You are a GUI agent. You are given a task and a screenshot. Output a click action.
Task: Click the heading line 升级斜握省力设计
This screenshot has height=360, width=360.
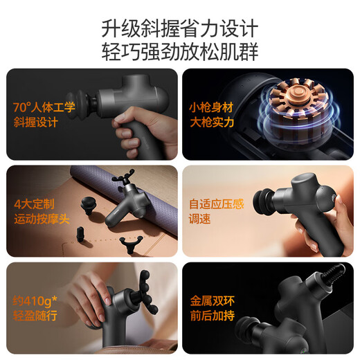click(x=179, y=30)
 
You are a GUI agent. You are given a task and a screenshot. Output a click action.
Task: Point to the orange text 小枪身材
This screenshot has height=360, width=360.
click(x=211, y=108)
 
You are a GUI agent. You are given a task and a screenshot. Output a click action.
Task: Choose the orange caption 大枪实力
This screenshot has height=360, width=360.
click(x=211, y=123)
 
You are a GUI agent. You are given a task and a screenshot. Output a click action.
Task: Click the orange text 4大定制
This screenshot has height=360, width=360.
click(x=34, y=205)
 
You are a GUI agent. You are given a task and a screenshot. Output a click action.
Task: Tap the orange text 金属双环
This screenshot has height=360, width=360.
click(x=210, y=301)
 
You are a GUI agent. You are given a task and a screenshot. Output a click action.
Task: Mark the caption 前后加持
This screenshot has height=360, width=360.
click(x=210, y=316)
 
